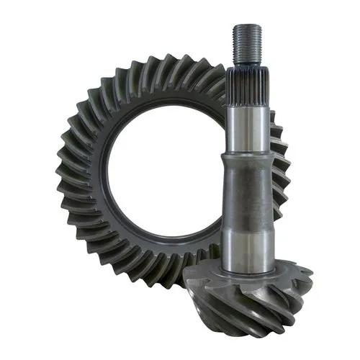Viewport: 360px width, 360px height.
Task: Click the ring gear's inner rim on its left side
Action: click(101, 173)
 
